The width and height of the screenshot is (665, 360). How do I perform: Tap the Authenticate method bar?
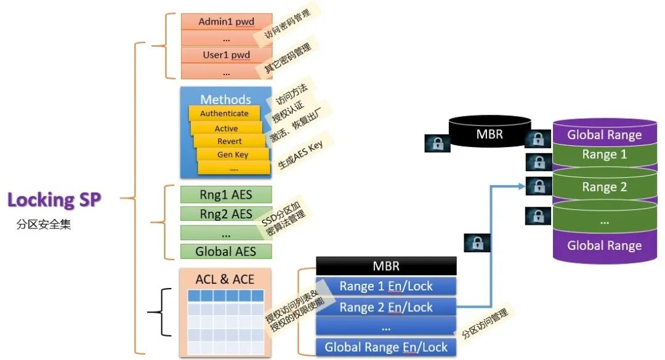click(x=224, y=113)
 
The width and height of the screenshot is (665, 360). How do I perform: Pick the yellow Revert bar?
click(x=229, y=142)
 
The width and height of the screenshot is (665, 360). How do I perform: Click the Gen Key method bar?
click(x=233, y=155)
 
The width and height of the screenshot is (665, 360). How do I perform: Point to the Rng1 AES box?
click(x=225, y=194)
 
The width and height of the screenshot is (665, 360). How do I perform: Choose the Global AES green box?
click(x=225, y=251)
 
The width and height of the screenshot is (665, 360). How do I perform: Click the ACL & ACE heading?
click(x=225, y=279)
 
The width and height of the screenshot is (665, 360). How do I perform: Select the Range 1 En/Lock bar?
click(x=386, y=286)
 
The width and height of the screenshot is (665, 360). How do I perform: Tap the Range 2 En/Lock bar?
click(x=386, y=307)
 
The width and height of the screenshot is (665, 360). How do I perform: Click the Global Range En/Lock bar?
click(x=386, y=347)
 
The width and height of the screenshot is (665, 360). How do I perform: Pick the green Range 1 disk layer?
click(x=604, y=155)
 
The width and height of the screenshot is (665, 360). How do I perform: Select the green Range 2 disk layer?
click(x=604, y=187)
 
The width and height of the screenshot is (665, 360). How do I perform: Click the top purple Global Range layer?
click(x=604, y=135)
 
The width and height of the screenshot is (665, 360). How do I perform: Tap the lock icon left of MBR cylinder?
click(x=438, y=143)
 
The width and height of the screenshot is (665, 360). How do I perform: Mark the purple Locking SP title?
click(x=54, y=199)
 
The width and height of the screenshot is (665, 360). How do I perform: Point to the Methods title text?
click(x=225, y=99)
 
